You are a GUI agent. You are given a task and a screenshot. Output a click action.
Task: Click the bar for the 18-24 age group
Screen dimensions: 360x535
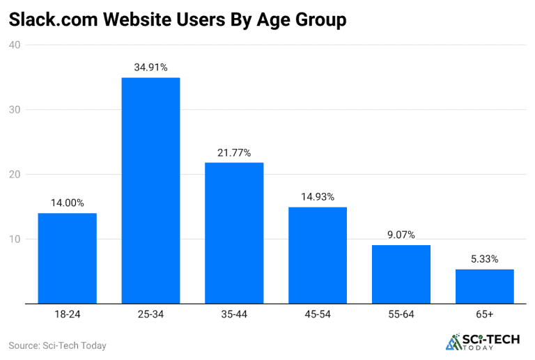(67, 258)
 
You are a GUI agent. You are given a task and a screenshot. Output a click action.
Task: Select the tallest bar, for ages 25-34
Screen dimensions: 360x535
(150, 191)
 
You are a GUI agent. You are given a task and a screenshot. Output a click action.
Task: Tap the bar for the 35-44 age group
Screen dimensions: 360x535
(234, 233)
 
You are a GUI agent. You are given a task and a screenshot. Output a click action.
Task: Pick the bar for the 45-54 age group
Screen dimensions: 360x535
(318, 256)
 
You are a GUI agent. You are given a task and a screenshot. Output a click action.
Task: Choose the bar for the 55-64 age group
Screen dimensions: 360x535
(401, 274)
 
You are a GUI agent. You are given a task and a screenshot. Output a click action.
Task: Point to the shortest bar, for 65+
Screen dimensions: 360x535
(485, 286)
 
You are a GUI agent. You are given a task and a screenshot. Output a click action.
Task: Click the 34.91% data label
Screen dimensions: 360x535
(150, 68)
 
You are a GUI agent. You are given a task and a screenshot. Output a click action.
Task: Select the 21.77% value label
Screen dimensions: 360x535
(234, 152)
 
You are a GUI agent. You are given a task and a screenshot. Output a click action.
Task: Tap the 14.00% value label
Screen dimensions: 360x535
(67, 203)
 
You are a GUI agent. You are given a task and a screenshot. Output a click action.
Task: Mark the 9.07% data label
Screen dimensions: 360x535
(401, 235)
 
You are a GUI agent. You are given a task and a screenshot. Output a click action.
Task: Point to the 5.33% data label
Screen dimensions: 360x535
(485, 259)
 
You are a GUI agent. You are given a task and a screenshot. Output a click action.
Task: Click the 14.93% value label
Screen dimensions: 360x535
(318, 197)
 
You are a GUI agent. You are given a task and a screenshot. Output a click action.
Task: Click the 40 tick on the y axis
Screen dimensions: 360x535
(15, 45)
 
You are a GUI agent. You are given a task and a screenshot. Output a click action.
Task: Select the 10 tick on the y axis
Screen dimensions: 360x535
(15, 240)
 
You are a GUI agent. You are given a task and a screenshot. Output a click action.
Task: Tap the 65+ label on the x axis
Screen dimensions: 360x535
(485, 315)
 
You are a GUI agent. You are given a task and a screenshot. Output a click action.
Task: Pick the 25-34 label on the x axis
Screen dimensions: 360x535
(150, 315)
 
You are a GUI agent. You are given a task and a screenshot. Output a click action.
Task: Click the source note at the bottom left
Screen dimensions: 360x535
(57, 345)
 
